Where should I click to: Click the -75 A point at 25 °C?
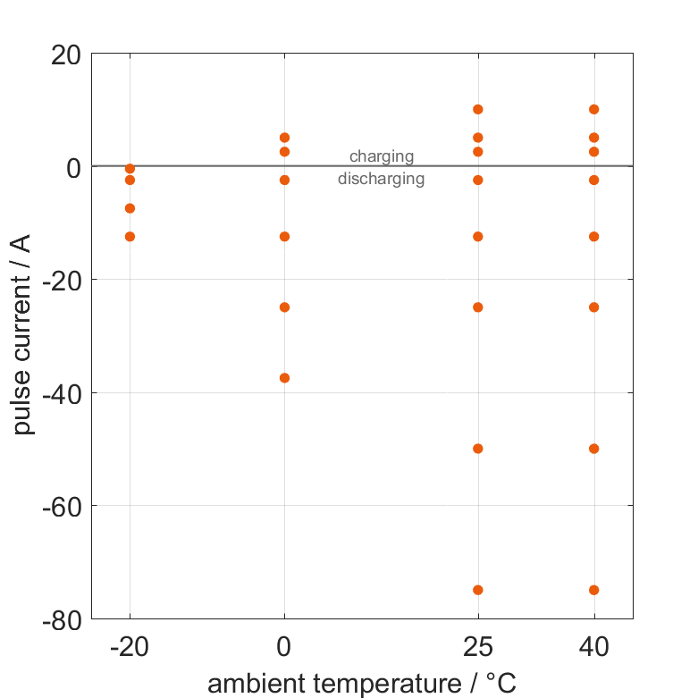tap(477, 590)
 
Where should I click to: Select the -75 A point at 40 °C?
tap(593, 590)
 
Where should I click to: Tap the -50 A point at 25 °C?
tap(477, 449)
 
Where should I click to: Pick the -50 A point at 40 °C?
tap(593, 449)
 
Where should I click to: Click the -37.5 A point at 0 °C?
tap(284, 378)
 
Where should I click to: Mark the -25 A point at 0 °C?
tap(284, 307)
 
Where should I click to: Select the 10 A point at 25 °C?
tap(477, 109)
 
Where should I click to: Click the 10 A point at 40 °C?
tap(593, 109)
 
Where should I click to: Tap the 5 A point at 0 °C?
tap(284, 138)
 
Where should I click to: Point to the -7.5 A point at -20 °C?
tap(130, 208)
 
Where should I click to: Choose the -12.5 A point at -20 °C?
tap(130, 237)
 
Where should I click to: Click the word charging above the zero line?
tap(382, 156)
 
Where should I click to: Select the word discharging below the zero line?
tap(381, 179)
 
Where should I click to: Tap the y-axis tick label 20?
tap(64, 55)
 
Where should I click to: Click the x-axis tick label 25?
tap(477, 647)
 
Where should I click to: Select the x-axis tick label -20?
tap(130, 647)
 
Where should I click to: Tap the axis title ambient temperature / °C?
tap(362, 684)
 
